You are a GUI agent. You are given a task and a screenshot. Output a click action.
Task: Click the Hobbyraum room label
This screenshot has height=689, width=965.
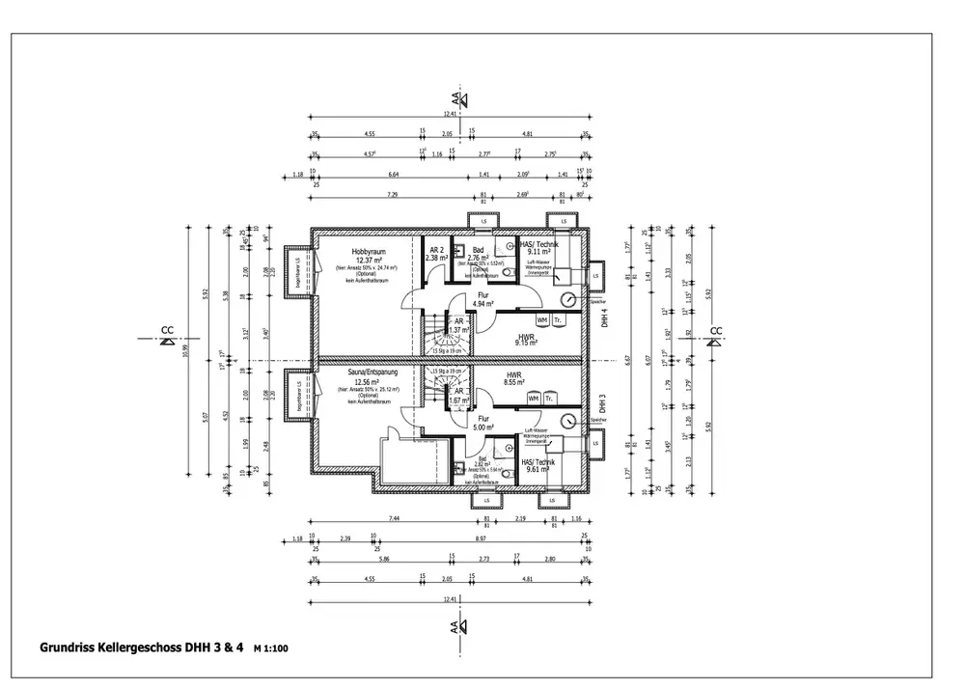[367, 250]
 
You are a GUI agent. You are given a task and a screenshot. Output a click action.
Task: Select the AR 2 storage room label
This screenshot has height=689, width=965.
[436, 250]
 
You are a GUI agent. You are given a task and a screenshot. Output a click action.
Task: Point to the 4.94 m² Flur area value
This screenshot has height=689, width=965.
[484, 303]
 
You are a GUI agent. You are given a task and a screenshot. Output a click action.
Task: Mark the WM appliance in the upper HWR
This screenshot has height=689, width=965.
[542, 319]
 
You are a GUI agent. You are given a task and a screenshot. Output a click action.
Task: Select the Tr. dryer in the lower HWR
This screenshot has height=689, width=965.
[549, 399]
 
